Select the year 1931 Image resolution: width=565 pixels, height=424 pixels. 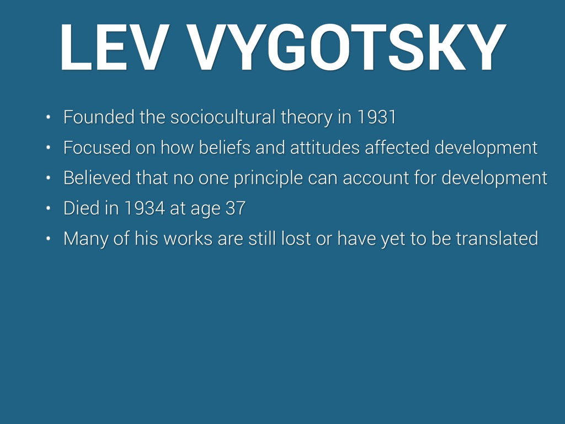[376, 117]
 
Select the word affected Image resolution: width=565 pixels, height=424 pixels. [397, 147]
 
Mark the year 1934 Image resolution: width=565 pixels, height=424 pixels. [144, 208]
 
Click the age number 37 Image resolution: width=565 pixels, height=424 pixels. [235, 208]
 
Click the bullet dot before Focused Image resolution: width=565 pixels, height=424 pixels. [49, 147]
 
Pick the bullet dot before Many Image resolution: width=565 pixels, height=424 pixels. [49, 239]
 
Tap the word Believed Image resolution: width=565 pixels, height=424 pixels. [97, 178]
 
